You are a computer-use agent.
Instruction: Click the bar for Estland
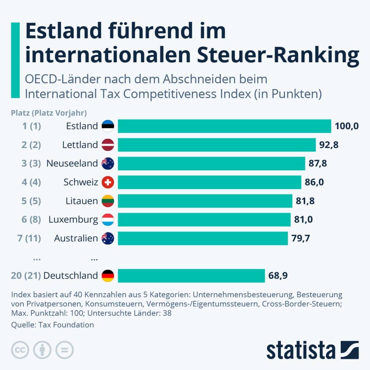click(x=224, y=126)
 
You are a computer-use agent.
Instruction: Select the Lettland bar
click(x=217, y=145)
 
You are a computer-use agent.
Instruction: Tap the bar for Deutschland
click(x=191, y=276)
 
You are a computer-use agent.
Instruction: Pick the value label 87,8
click(x=318, y=163)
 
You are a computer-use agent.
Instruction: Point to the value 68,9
click(x=278, y=276)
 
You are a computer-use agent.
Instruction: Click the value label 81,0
click(x=304, y=220)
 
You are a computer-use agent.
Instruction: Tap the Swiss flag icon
click(x=108, y=182)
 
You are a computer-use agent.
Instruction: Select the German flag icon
click(x=108, y=276)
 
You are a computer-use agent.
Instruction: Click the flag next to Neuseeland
click(x=108, y=163)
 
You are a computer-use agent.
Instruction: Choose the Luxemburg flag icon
click(x=108, y=220)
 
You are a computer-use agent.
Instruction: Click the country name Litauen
click(x=82, y=201)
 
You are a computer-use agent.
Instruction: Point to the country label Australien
click(x=76, y=238)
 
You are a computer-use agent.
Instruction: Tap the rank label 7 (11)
click(x=29, y=238)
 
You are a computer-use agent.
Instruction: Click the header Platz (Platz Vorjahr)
click(x=49, y=113)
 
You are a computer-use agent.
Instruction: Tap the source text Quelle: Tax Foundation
click(x=53, y=324)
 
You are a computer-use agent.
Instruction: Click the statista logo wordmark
click(x=301, y=350)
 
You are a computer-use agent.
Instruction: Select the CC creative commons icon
click(x=20, y=350)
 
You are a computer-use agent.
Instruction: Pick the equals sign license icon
click(x=64, y=350)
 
